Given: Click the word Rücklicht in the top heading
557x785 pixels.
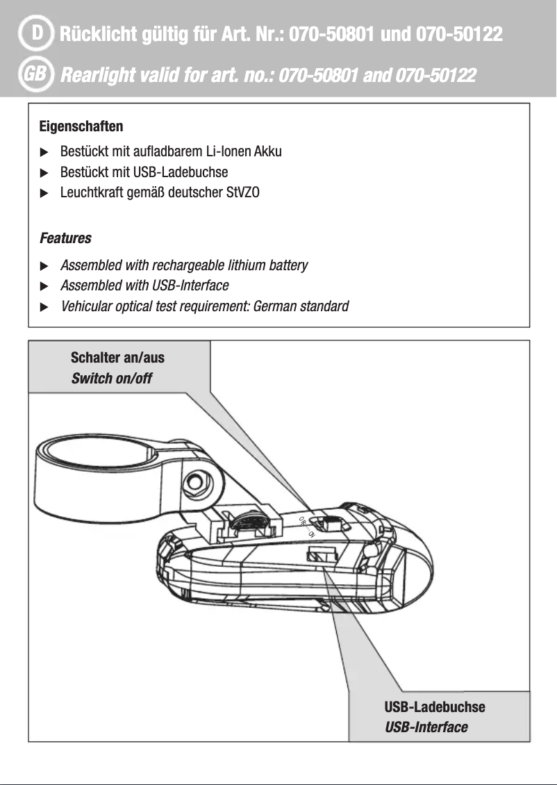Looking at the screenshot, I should pos(99,34).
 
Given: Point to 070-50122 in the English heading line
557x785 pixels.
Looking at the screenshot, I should pos(435,74).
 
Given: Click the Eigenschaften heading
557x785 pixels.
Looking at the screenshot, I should pos(81,127).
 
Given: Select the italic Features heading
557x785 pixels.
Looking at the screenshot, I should pos(65,238).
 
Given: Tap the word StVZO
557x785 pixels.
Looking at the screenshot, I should pos(242,192).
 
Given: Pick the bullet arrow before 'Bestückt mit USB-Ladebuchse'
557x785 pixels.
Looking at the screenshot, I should pos(44,172).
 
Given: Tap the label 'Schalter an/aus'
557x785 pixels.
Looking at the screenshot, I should pos(117,358).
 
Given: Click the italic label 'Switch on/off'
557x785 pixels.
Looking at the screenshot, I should pos(111,379).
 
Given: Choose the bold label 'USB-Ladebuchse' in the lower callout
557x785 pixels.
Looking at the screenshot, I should pos(435,707).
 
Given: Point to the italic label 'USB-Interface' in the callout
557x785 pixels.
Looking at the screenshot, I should pos(426,727).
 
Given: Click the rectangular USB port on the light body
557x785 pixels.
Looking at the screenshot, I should pos(320,553).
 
